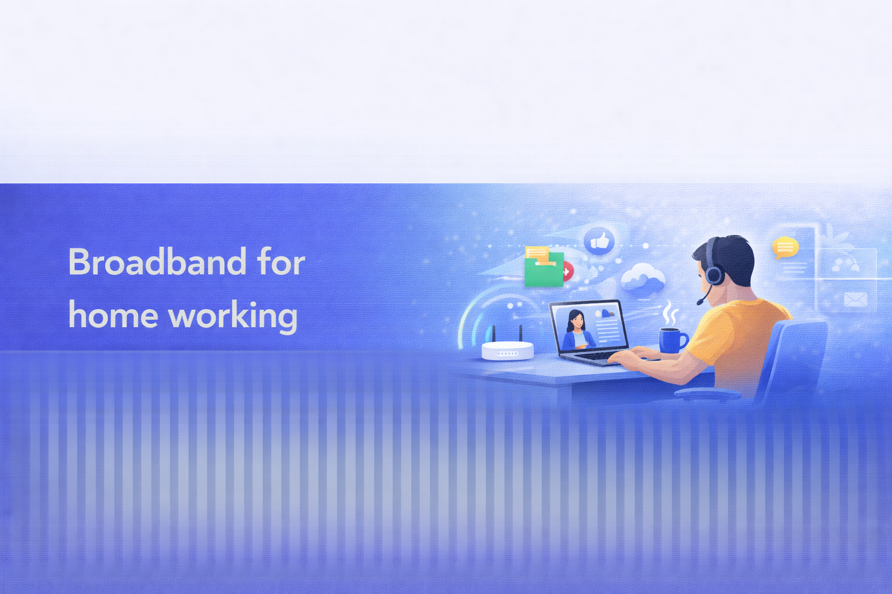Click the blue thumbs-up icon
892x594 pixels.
599,241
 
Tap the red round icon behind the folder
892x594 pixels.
567,271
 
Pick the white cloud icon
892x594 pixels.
642,278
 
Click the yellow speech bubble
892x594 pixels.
785,248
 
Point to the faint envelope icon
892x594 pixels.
855,299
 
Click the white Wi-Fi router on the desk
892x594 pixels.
508,350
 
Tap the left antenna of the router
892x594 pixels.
494,334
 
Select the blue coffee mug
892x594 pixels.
671,340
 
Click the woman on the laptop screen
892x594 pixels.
576,331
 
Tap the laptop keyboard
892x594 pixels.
598,356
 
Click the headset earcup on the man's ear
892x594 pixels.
715,274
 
